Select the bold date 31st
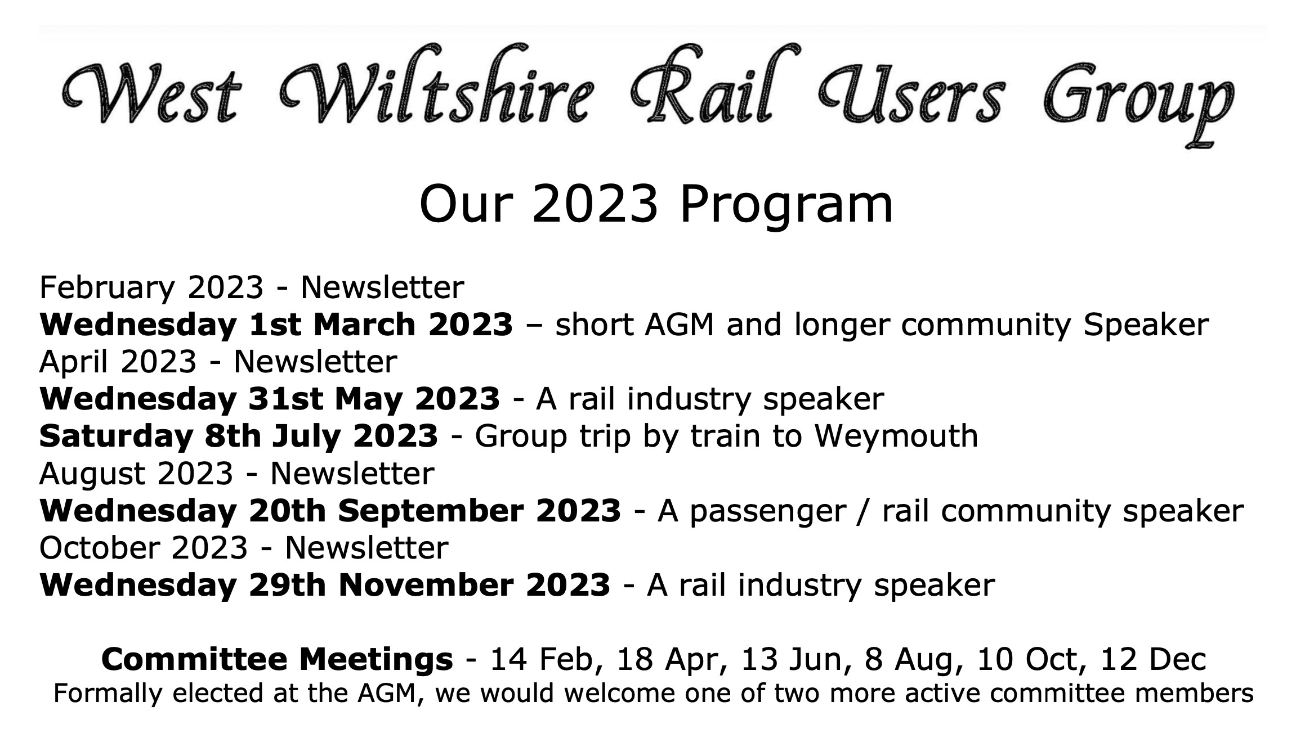[x=285, y=399]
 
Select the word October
[x=100, y=548]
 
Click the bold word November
[x=426, y=586]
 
